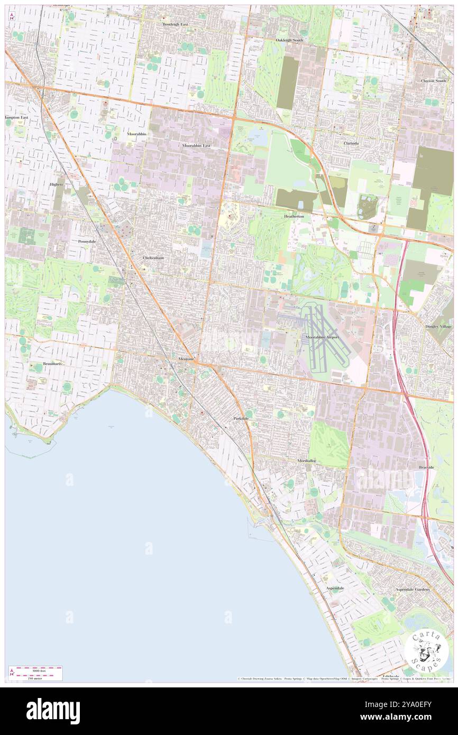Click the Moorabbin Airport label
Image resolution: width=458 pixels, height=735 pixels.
(322, 337)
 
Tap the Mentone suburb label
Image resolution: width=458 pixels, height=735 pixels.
(185, 359)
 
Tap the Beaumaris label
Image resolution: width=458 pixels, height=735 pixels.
(54, 364)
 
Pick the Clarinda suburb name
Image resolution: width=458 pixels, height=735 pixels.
(351, 143)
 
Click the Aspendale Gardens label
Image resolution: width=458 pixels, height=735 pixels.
(413, 589)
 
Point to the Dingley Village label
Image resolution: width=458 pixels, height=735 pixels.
(439, 326)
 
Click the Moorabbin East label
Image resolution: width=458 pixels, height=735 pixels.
(196, 145)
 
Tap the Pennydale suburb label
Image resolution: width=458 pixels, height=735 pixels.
(87, 241)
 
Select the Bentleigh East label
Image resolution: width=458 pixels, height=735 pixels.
(175, 24)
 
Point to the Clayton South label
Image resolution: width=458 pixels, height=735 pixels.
(434, 80)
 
